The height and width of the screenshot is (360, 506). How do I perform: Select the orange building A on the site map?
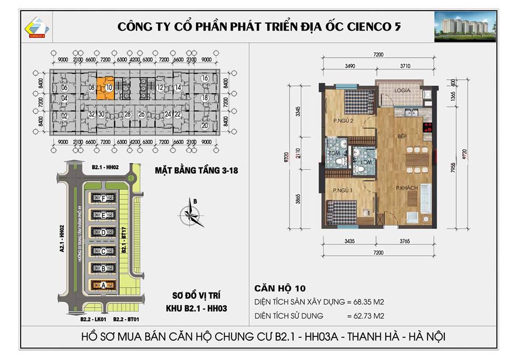104,285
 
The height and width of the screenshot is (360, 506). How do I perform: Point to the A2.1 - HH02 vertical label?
62,241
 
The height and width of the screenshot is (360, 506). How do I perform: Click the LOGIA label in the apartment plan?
403,90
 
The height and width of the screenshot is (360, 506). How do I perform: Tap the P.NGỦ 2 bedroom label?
343,121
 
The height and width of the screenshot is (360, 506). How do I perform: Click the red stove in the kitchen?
427,127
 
